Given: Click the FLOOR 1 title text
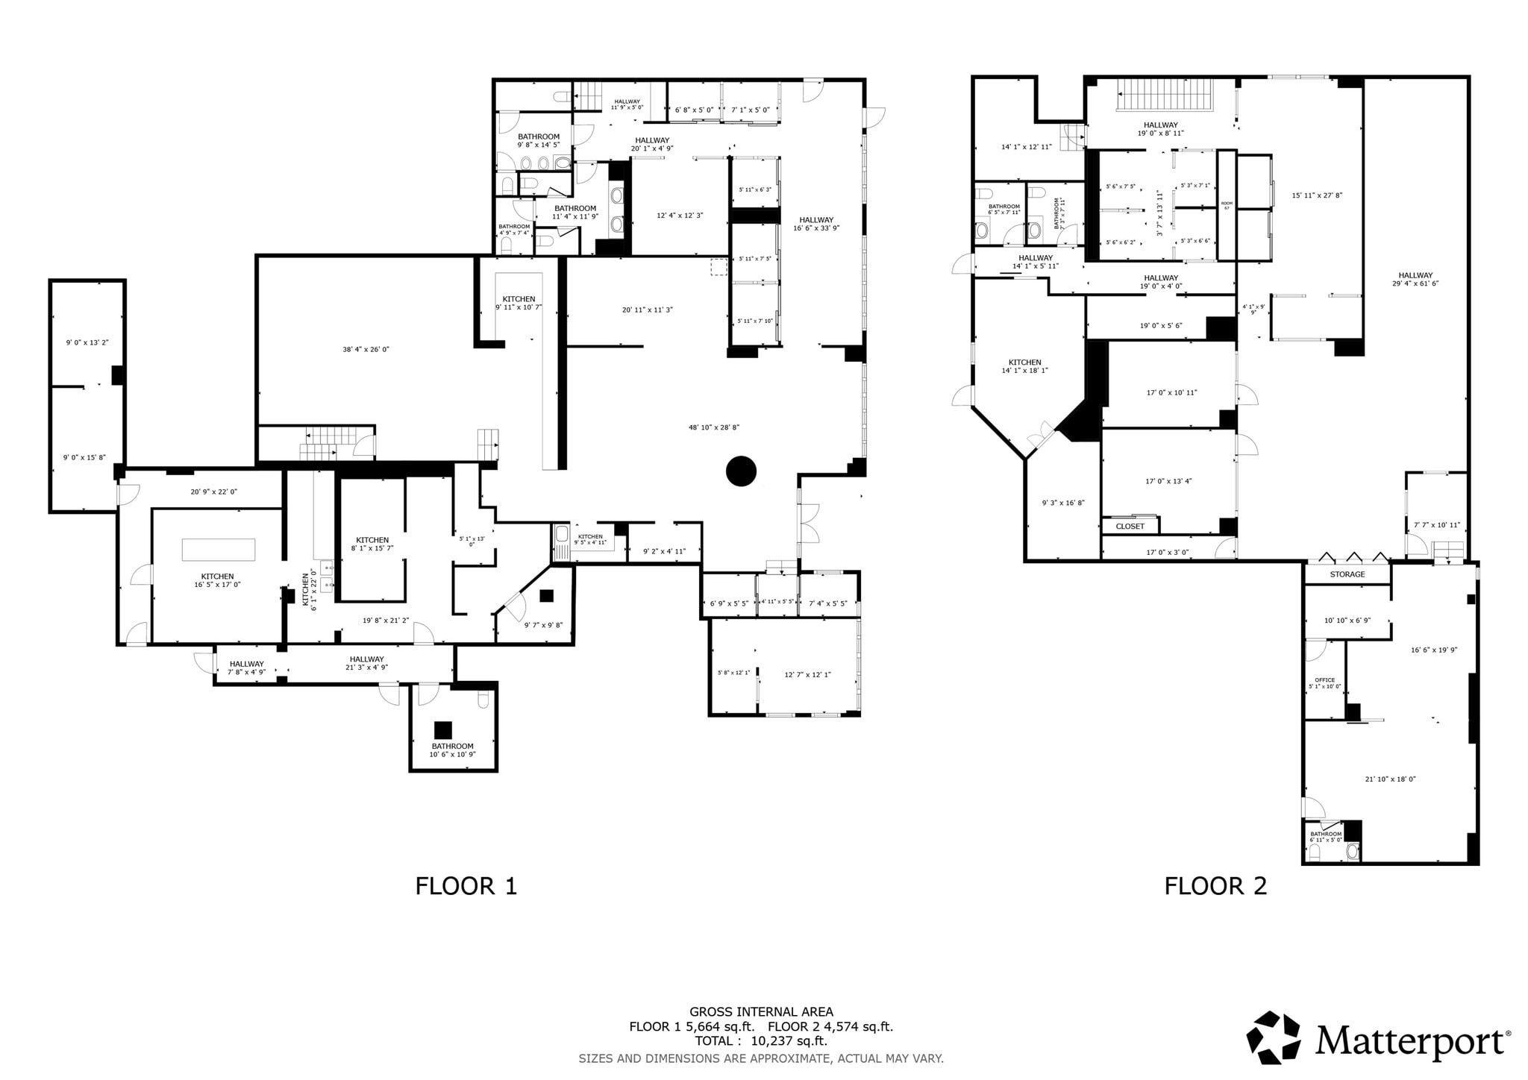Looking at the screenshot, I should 466,886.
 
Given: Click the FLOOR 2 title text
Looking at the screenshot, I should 1215,886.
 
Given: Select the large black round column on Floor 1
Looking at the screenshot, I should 741,471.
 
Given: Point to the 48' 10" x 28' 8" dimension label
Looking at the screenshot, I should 713,427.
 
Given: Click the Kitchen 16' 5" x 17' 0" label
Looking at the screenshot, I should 217,580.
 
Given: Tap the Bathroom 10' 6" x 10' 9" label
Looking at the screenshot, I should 452,750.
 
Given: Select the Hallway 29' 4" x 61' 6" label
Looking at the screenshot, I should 1415,279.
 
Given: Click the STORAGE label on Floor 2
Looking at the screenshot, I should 1347,574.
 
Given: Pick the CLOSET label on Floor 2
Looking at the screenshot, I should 1130,526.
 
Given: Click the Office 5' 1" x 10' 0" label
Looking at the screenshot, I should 1324,683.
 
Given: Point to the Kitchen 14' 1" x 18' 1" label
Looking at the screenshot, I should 1024,365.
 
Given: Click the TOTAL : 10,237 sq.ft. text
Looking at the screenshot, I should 761,1041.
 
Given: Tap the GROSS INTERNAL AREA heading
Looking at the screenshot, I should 761,1012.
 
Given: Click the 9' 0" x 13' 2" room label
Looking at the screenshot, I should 87,342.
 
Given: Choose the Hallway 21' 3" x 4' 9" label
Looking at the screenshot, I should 366,663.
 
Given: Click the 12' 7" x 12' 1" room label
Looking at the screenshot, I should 807,674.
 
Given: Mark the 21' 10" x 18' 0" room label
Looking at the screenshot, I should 1390,779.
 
